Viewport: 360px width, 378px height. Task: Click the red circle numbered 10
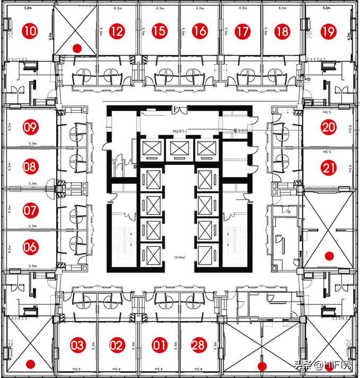(31, 31)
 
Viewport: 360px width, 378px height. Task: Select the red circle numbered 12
(117, 31)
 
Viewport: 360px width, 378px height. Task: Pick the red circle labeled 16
(200, 31)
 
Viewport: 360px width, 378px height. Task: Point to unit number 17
(242, 31)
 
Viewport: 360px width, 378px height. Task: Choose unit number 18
(283, 31)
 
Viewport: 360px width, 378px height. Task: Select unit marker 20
(329, 127)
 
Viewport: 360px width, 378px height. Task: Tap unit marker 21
(329, 168)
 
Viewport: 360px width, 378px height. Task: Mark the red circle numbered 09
(30, 127)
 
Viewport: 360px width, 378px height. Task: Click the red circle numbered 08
(30, 167)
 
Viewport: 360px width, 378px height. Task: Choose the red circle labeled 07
(30, 210)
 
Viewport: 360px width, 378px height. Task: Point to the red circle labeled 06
(30, 247)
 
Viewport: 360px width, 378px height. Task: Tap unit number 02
(117, 346)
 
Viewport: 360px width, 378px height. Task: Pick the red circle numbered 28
(199, 346)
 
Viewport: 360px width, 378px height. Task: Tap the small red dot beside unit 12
(77, 48)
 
